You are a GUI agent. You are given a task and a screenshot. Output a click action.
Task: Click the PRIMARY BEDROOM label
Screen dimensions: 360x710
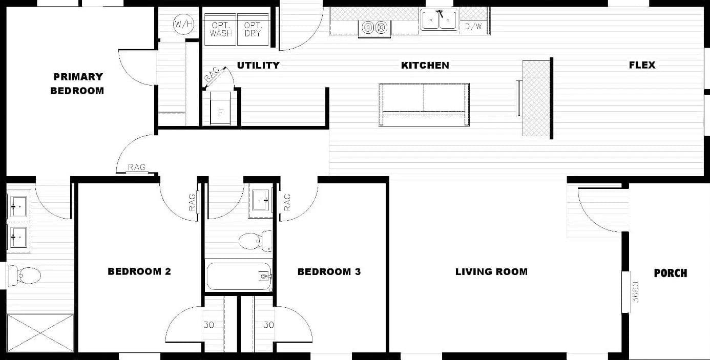[77, 83]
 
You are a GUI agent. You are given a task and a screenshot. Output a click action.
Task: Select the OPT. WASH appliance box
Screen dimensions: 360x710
[220, 29]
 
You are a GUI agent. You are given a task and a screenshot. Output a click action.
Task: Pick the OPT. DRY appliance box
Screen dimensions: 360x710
[253, 29]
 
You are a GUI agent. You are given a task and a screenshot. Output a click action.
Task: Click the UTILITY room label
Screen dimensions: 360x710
[258, 65]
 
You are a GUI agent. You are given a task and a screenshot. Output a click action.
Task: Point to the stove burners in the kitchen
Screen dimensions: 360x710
[374, 28]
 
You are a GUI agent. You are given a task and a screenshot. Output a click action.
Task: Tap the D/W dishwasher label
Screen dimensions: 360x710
[473, 27]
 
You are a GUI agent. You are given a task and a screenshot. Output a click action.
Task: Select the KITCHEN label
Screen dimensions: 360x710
[425, 65]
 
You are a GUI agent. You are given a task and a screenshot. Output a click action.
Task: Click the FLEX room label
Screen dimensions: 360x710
[642, 65]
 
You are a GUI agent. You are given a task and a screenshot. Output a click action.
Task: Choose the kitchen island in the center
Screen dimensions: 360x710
[424, 104]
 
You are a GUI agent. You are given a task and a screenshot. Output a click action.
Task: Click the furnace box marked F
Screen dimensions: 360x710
[221, 109]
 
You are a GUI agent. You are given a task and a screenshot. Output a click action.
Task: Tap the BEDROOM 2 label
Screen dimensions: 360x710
[139, 271]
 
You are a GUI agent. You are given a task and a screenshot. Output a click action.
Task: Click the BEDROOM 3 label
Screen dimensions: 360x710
[329, 271]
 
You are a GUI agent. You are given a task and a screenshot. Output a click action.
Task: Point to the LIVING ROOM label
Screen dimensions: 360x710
[491, 272]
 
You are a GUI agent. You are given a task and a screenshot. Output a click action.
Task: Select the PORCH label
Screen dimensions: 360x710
[670, 273]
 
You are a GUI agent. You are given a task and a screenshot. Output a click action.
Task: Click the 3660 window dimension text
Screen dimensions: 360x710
[636, 291]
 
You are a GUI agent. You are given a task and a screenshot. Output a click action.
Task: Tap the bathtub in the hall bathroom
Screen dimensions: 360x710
[238, 276]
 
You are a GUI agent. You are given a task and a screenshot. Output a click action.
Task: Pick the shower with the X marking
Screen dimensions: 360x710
[40, 333]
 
